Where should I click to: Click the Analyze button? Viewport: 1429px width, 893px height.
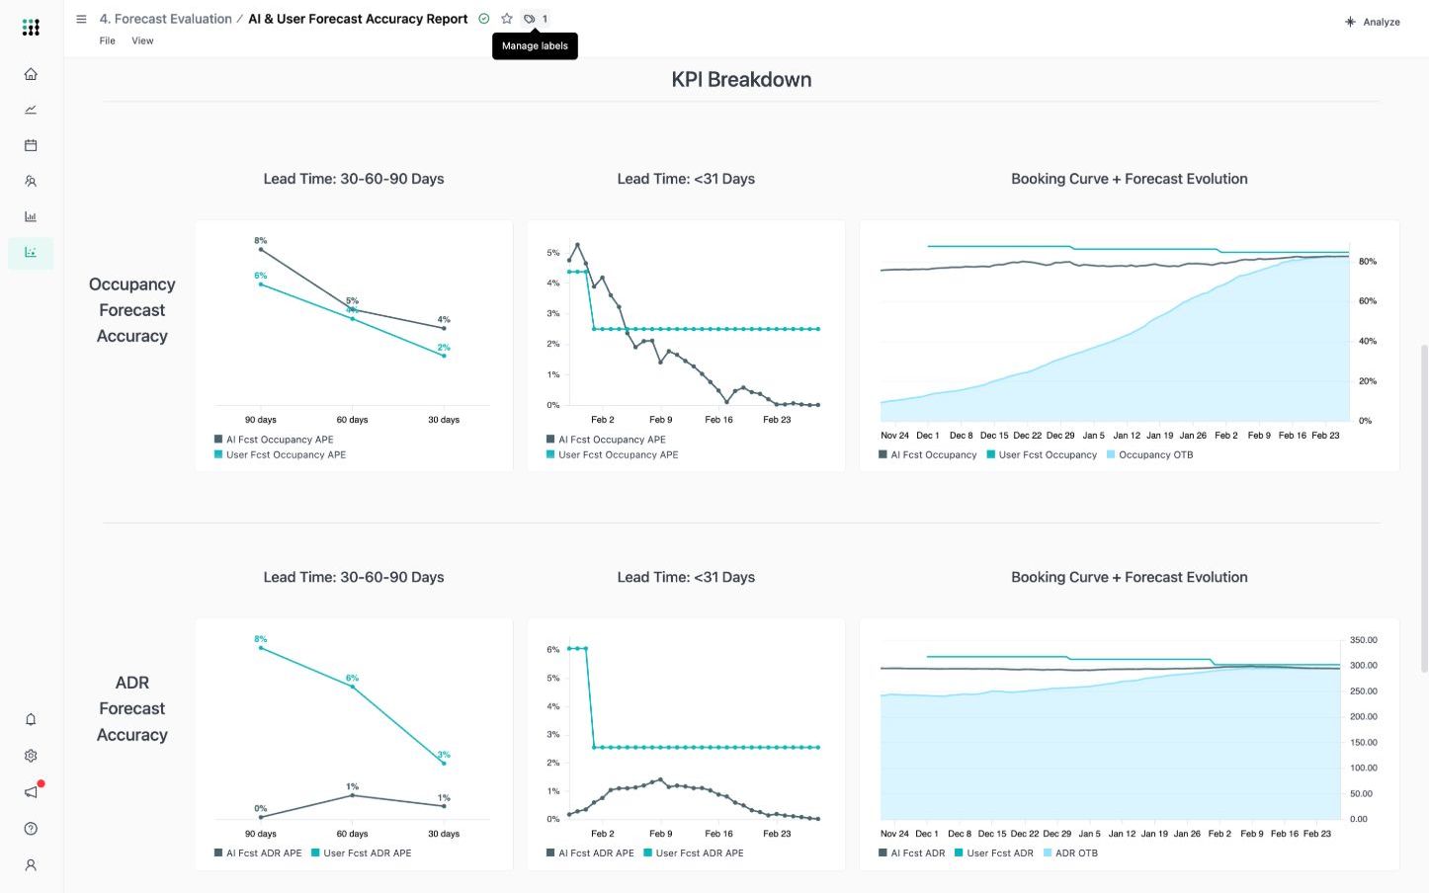pyautogui.click(x=1373, y=22)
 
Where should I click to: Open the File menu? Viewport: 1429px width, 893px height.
pyautogui.click(x=107, y=41)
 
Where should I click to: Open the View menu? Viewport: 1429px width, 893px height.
pyautogui.click(x=142, y=41)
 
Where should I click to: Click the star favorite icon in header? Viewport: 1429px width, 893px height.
pyautogui.click(x=507, y=19)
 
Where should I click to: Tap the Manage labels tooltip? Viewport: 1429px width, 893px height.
pyautogui.click(x=535, y=45)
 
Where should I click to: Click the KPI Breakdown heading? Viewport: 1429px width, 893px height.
pyautogui.click(x=741, y=80)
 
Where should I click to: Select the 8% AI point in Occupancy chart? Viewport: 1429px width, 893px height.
pyautogui.click(x=261, y=249)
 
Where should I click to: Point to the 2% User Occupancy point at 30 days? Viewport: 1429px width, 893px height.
pyautogui.click(x=444, y=356)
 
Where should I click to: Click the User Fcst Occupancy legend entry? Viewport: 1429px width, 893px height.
pyautogui.click(x=1042, y=454)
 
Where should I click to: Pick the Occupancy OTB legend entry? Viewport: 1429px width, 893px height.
pyautogui.click(x=1149, y=454)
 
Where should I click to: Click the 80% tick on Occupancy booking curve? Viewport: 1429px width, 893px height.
pyautogui.click(x=1367, y=262)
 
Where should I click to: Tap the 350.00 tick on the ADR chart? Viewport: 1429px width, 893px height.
pyautogui.click(x=1364, y=640)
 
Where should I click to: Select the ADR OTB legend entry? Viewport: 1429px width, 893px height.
pyautogui.click(x=1070, y=852)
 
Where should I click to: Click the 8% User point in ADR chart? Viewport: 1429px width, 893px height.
pyautogui.click(x=261, y=648)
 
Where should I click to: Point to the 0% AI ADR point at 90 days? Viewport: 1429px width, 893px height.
pyautogui.click(x=261, y=817)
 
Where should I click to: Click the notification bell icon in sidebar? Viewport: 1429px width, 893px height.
pyautogui.click(x=31, y=719)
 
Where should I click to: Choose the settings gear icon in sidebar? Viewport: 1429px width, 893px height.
pyautogui.click(x=31, y=756)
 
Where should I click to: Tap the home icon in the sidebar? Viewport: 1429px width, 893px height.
pyautogui.click(x=31, y=74)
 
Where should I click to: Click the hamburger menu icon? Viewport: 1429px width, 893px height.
pyautogui.click(x=81, y=19)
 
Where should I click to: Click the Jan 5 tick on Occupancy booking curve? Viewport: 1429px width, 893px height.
pyautogui.click(x=1093, y=435)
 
